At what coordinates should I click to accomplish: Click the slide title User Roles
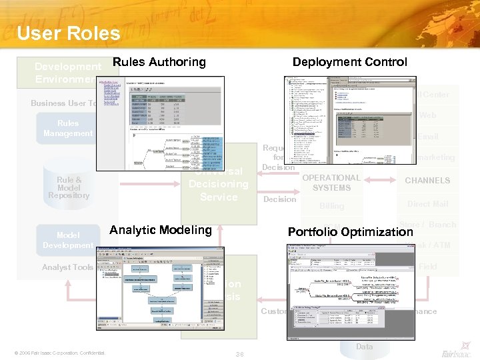69,33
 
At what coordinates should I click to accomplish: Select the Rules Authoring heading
159,62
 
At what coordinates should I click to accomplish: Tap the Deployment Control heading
349,62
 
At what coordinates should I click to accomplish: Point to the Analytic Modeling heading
161,230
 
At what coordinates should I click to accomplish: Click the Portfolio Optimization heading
350,232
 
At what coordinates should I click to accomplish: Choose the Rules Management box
67,129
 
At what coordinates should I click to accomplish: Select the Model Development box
67,240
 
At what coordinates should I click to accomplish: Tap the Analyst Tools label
67,267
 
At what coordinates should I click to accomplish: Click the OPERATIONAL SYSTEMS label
331,183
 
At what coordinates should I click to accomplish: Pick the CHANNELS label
427,181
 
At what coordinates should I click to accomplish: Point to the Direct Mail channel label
427,204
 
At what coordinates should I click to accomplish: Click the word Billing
331,206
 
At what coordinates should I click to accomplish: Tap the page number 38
240,353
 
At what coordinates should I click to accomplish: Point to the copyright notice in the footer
59,353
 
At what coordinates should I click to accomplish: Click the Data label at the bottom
364,347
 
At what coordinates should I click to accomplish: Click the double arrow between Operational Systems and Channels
382,181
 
